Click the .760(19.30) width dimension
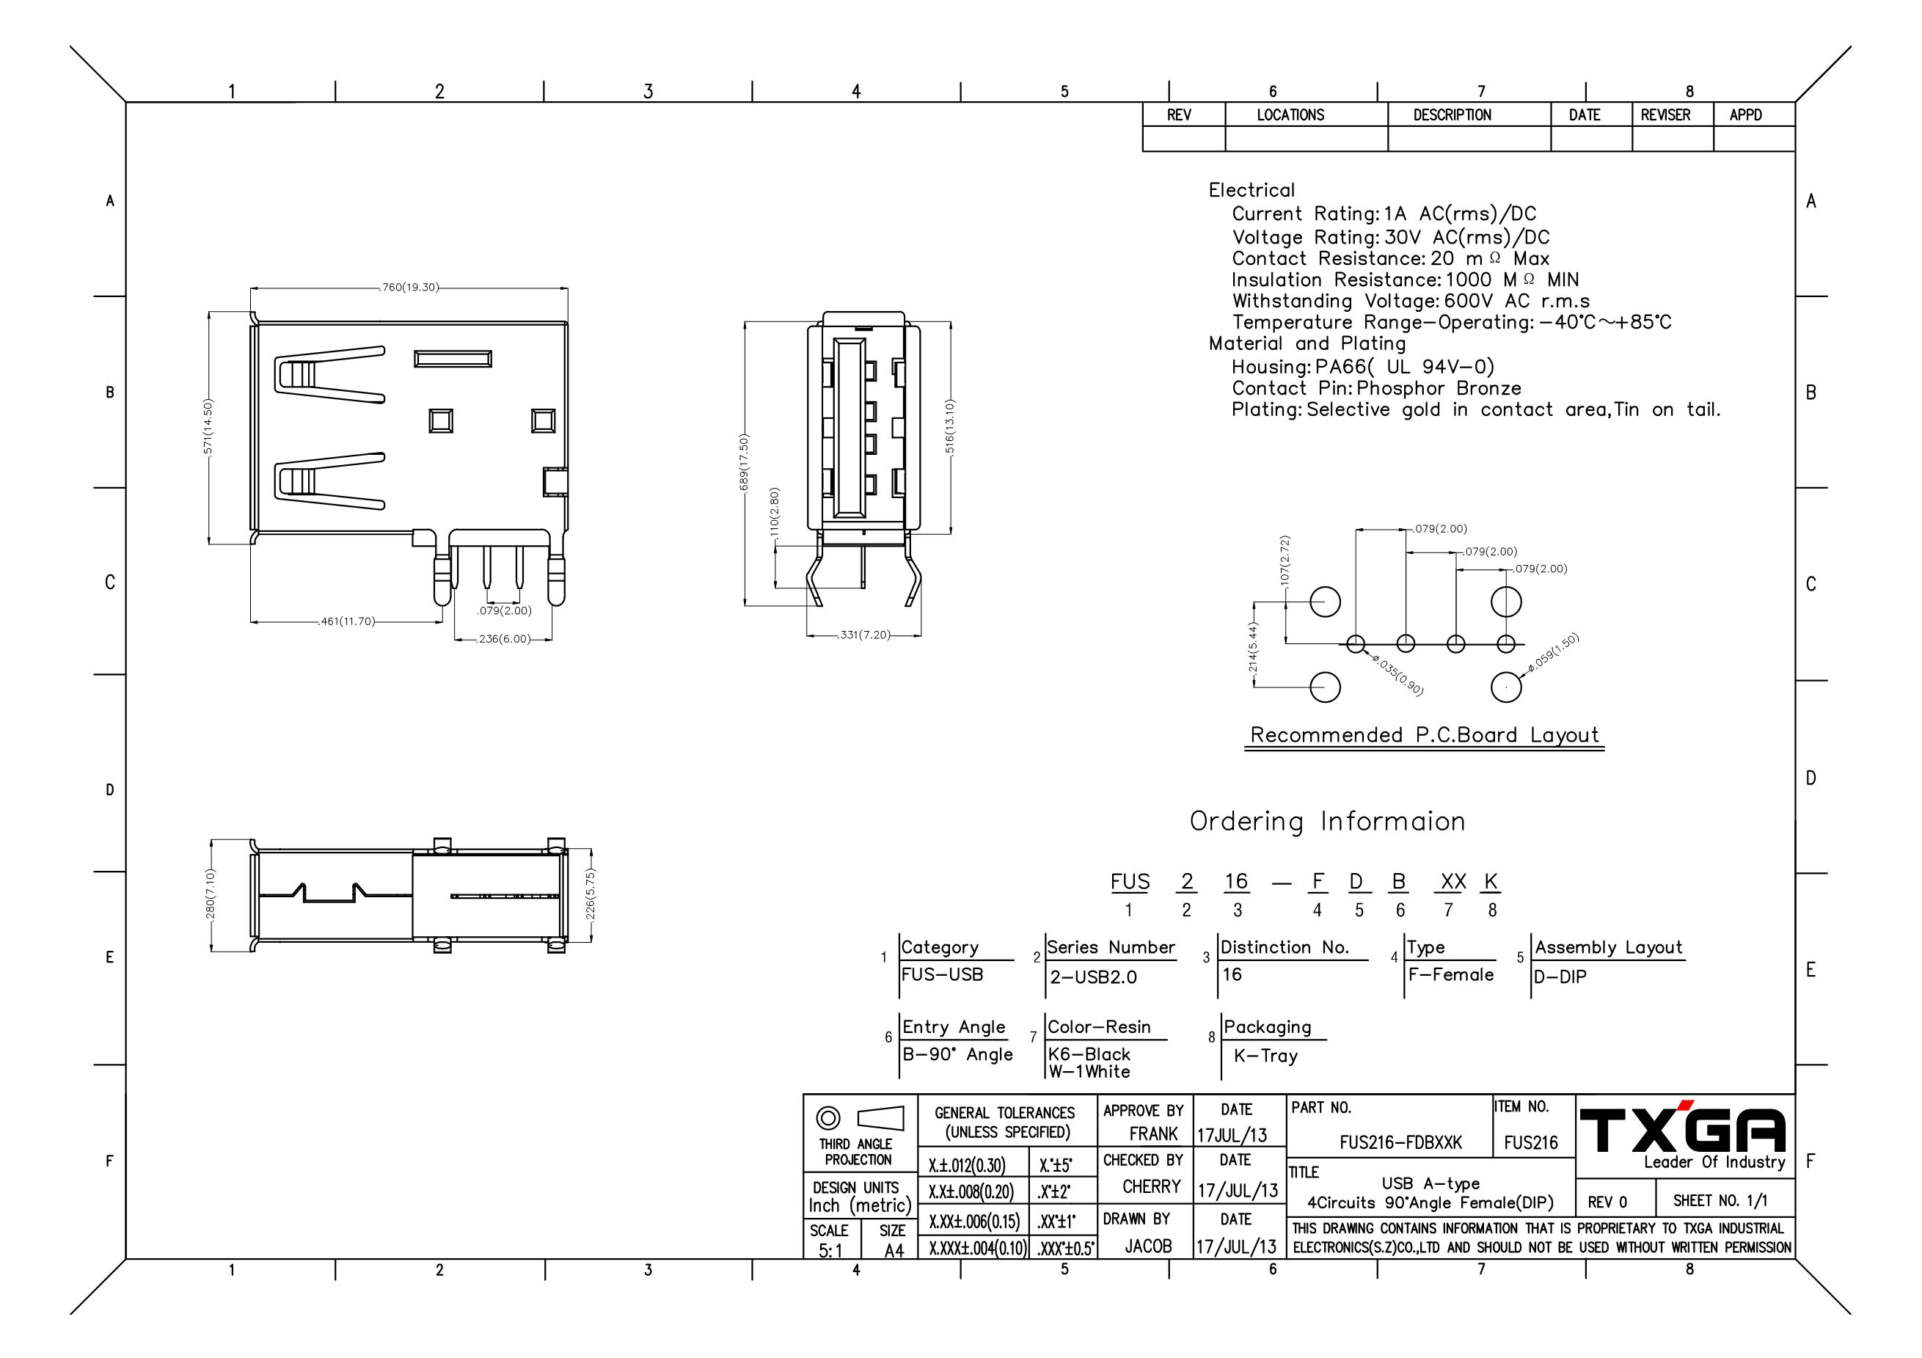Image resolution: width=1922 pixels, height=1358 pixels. pos(410,287)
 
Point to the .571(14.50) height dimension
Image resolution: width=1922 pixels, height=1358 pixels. pos(208,427)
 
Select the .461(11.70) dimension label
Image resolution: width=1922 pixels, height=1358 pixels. pos(348,621)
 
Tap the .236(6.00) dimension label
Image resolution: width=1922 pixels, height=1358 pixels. pos(504,639)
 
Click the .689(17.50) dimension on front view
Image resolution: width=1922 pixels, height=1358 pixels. pos(744,464)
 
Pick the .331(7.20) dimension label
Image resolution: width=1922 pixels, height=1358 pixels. pos(864,635)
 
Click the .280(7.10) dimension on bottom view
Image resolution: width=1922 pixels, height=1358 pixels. pos(210,897)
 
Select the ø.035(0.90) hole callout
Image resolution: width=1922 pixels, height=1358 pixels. pos(1397,676)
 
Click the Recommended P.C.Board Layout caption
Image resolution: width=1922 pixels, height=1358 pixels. pos(1425,735)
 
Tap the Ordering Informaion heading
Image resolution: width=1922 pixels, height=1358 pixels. pos(1328,822)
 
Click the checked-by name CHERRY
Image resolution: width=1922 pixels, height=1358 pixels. pos(1151,1186)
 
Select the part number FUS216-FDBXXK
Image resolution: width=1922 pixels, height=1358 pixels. pos(1400,1142)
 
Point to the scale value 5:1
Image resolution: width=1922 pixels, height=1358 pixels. pos(831,1251)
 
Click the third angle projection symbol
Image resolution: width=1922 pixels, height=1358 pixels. pos(860,1117)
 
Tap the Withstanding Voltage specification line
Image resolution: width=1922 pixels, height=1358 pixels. pos(1411,302)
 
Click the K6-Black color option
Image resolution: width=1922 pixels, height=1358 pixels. pos(1089,1054)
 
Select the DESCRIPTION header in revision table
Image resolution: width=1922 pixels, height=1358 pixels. pos(1453,114)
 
